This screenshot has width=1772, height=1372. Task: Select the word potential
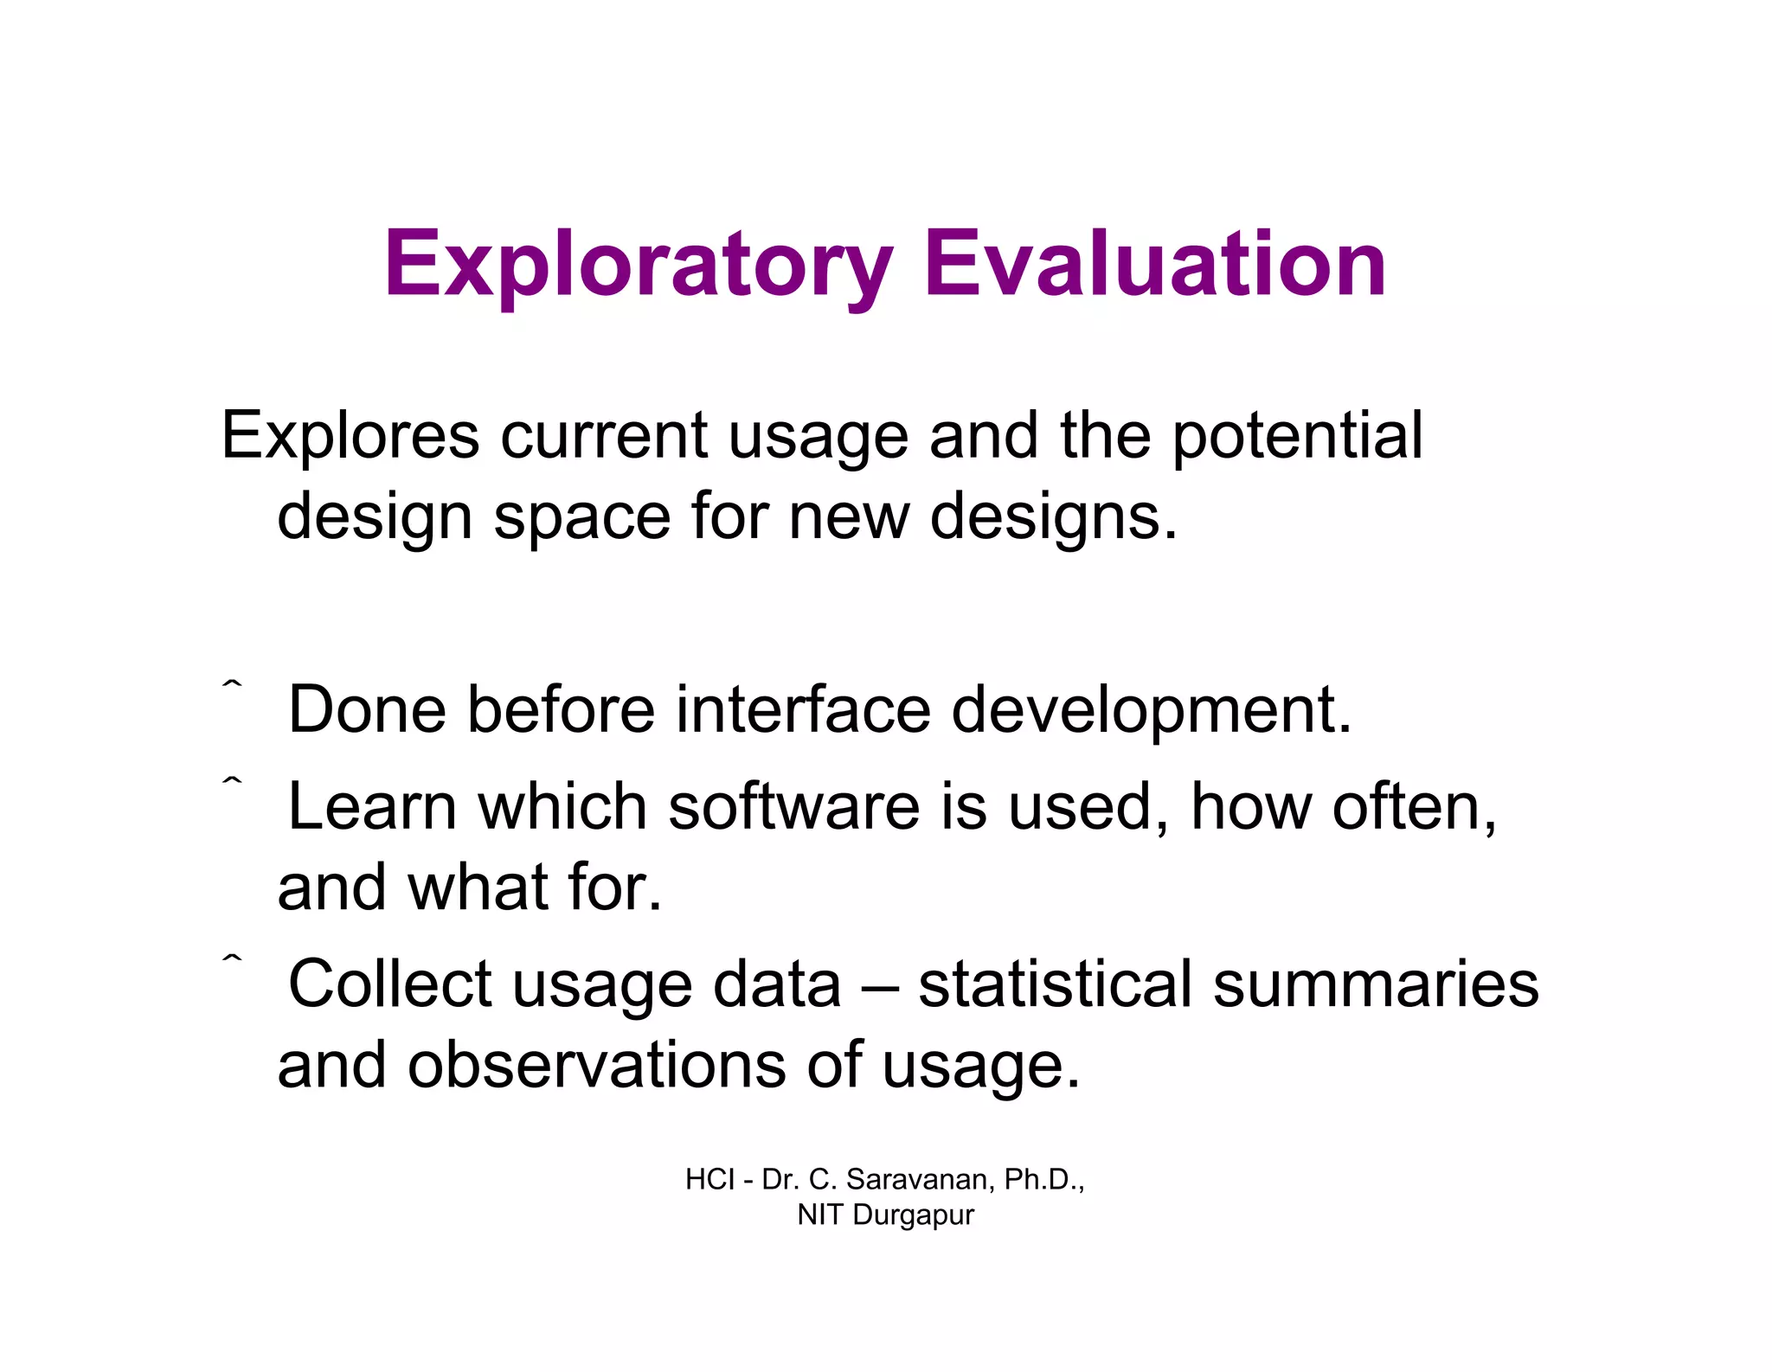coord(1297,437)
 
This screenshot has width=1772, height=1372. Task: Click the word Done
coord(367,709)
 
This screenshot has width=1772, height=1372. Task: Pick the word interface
coord(803,709)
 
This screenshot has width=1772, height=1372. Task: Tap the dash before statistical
coord(880,986)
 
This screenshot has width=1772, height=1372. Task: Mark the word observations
coord(597,1065)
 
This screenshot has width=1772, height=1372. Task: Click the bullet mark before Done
coord(232,686)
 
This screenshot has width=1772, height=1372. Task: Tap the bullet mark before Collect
coord(232,958)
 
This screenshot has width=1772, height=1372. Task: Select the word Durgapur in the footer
coord(913,1215)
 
